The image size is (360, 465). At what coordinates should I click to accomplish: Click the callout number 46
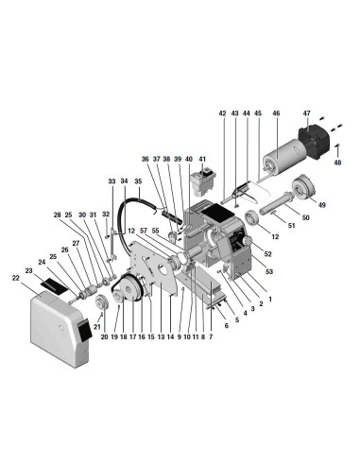coord(276,113)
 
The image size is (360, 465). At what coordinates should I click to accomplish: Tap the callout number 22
coord(16,278)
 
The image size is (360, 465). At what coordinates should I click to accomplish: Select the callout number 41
coord(202,159)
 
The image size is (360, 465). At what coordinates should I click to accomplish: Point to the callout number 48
coord(337,163)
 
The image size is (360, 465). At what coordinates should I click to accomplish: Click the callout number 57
coord(144,231)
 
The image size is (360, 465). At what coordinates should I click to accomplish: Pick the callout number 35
coord(138,181)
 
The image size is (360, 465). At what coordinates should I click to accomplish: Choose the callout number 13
coord(162,337)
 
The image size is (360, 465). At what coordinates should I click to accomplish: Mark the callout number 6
coord(226,326)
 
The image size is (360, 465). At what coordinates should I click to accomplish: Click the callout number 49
coord(321,205)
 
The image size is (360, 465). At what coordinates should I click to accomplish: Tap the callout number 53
coord(269,271)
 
